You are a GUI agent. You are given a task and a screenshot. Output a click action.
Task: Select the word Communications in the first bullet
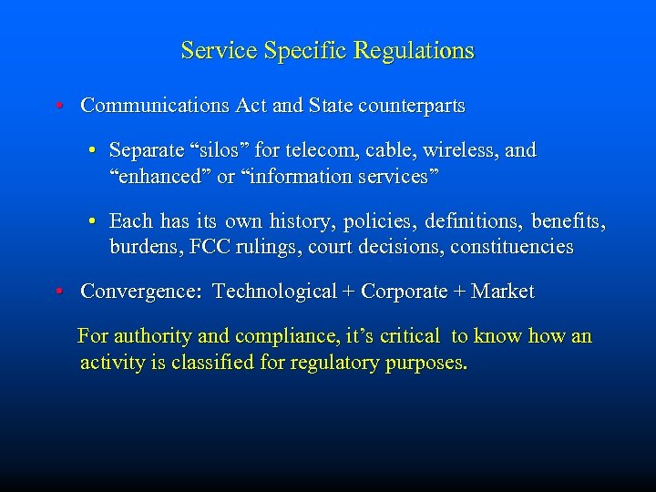click(x=156, y=106)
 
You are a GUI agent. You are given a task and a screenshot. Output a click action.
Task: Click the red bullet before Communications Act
click(x=57, y=107)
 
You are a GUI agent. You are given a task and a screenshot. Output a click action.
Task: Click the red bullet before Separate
click(x=94, y=150)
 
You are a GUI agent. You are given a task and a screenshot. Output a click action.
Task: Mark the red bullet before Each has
click(x=94, y=221)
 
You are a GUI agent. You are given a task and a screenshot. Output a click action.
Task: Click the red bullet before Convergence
click(x=57, y=292)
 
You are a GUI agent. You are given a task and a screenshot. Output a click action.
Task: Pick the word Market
click(x=503, y=292)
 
